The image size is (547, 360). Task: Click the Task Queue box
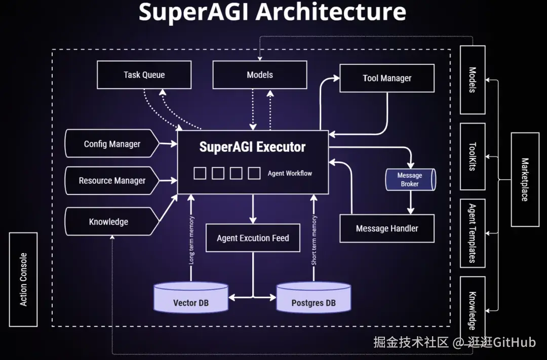[144, 74]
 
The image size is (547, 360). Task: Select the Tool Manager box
[387, 78]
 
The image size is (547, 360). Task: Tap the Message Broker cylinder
[411, 180]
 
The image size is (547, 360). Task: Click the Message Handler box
[387, 228]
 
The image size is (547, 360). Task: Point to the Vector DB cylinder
[191, 298]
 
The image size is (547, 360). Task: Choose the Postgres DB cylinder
[314, 298]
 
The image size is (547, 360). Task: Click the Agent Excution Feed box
[253, 238]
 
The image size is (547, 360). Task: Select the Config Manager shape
[112, 143]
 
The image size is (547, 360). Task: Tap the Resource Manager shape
[112, 180]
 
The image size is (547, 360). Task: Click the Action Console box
[23, 279]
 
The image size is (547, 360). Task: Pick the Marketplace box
[525, 180]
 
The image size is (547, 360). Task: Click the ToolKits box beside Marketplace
[473, 156]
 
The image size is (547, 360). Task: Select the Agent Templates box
[473, 233]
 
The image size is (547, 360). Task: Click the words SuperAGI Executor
[252, 147]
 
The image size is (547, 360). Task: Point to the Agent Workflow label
[290, 173]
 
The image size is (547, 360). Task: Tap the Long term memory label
[191, 240]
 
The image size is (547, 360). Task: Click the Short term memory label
[314, 240]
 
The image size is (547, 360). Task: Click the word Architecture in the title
[331, 12]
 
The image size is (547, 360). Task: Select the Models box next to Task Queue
[260, 74]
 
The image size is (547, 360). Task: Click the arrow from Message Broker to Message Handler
[411, 203]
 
